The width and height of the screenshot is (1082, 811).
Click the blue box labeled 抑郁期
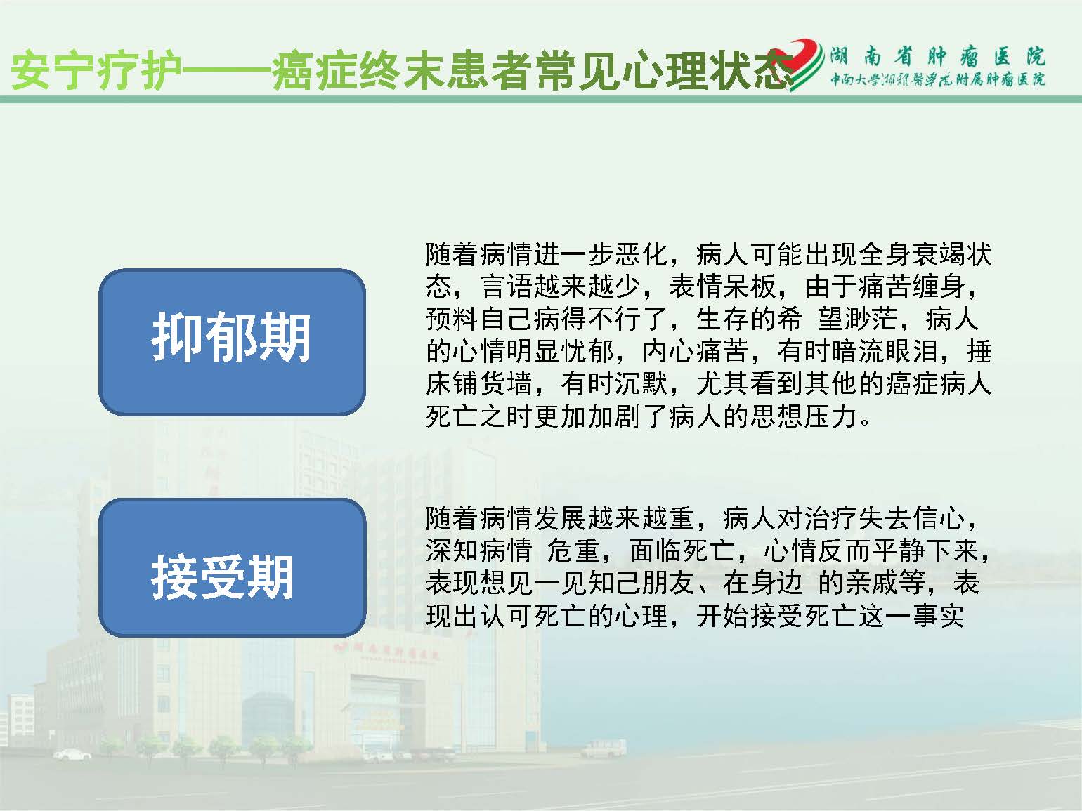click(232, 342)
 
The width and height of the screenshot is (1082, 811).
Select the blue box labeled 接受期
click(232, 567)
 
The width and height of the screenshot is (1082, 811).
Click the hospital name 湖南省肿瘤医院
click(937, 57)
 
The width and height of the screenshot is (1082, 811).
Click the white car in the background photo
click(72, 754)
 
